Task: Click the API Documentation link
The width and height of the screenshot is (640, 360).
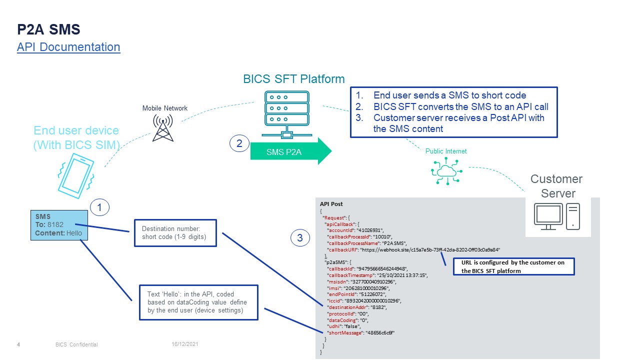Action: pos(68,47)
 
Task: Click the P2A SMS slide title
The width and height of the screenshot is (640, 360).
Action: pos(48,29)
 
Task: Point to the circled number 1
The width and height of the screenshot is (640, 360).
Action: pos(99,207)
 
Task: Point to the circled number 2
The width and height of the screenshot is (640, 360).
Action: pos(239,144)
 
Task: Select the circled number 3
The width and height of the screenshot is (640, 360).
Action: pos(300,238)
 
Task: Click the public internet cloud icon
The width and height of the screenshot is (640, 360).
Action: pos(446,171)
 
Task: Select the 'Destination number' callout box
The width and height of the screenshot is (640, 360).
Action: pos(175,232)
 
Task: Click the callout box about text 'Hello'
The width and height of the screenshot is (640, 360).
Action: pos(198,302)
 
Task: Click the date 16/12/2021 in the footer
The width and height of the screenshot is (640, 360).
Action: pos(185,344)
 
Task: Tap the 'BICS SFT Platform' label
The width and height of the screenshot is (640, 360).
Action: pos(293,79)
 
